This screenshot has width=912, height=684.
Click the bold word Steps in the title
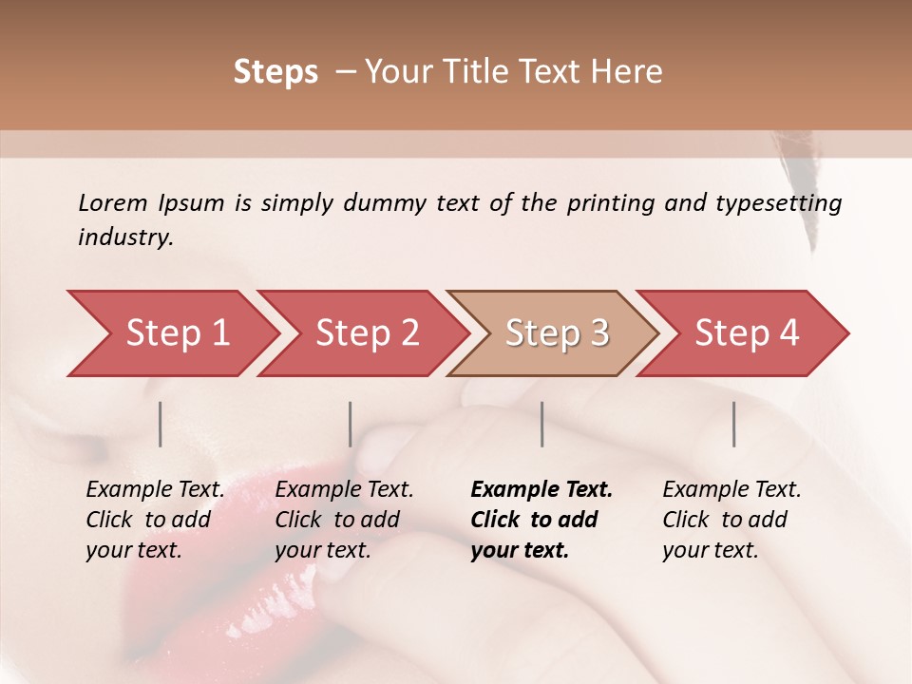click(x=275, y=72)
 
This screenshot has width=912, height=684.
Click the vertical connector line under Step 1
click(x=161, y=424)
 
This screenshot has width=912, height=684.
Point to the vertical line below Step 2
click(x=351, y=424)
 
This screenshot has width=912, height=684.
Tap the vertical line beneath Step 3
click(x=542, y=424)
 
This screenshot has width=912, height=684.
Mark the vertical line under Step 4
click(x=733, y=424)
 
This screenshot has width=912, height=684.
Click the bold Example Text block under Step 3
click(x=541, y=520)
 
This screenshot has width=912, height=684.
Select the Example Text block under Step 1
click(x=155, y=520)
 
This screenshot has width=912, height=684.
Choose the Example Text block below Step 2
click(x=344, y=520)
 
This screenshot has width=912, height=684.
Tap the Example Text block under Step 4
click(x=731, y=520)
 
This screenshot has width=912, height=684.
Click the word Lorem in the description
click(x=112, y=202)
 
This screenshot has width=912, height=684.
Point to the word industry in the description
click(x=125, y=237)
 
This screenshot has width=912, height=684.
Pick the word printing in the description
click(x=608, y=203)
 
